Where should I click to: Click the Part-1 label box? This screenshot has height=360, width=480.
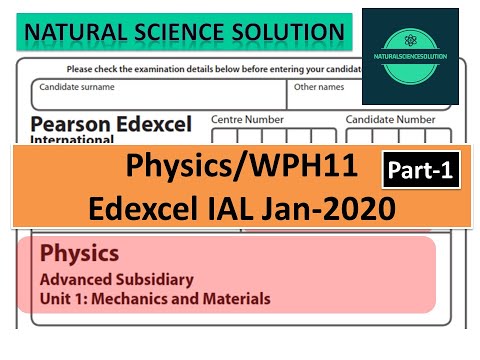(x=419, y=171)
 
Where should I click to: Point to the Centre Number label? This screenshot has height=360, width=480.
(x=248, y=119)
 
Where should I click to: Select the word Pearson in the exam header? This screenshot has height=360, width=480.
(x=70, y=124)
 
